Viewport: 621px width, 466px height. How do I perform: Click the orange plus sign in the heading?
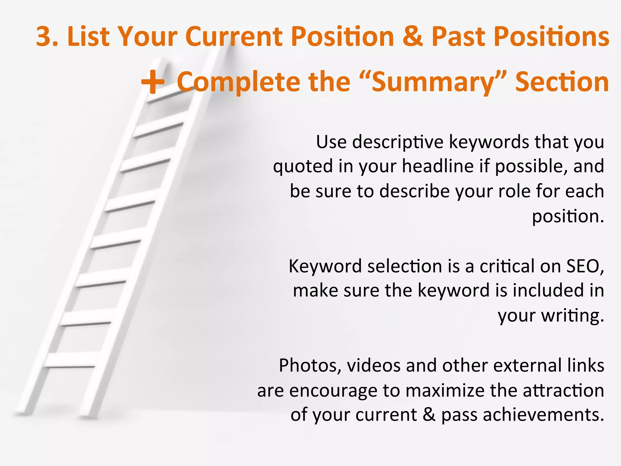153,82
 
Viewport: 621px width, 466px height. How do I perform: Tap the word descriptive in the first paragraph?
398,142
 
